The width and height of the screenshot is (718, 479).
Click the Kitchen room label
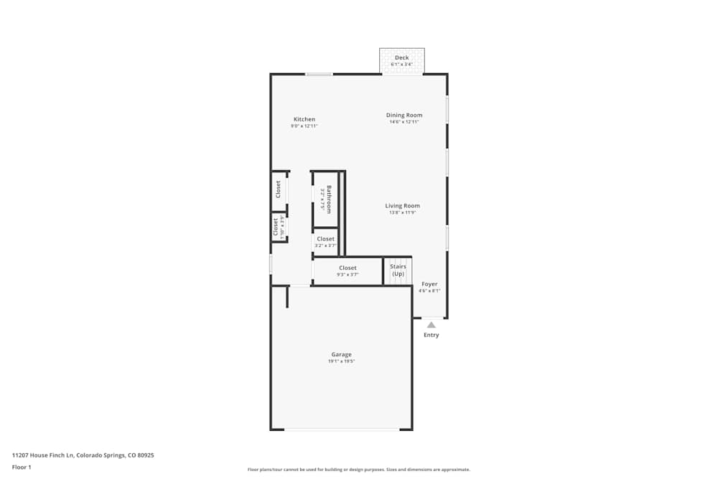(x=304, y=119)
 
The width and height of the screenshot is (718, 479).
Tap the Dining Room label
(x=404, y=115)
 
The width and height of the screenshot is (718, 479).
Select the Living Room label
(x=402, y=205)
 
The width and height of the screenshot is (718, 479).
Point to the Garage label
(x=341, y=354)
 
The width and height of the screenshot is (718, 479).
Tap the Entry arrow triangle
(x=431, y=325)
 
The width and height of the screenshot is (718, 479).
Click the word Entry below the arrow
(x=431, y=335)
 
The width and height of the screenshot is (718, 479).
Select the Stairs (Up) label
(x=398, y=270)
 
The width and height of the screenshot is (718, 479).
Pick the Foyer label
(x=429, y=284)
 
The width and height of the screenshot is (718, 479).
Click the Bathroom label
(x=329, y=199)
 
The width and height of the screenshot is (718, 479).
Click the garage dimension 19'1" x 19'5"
(x=341, y=361)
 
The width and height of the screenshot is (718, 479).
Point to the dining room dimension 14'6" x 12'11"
(x=404, y=122)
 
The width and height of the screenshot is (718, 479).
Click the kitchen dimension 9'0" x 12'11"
(x=304, y=126)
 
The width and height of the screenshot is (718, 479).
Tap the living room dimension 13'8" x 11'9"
(x=402, y=213)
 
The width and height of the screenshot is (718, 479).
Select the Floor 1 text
(x=22, y=467)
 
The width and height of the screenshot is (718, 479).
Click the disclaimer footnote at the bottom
(x=358, y=470)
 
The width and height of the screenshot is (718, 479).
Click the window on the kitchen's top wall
(x=319, y=74)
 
